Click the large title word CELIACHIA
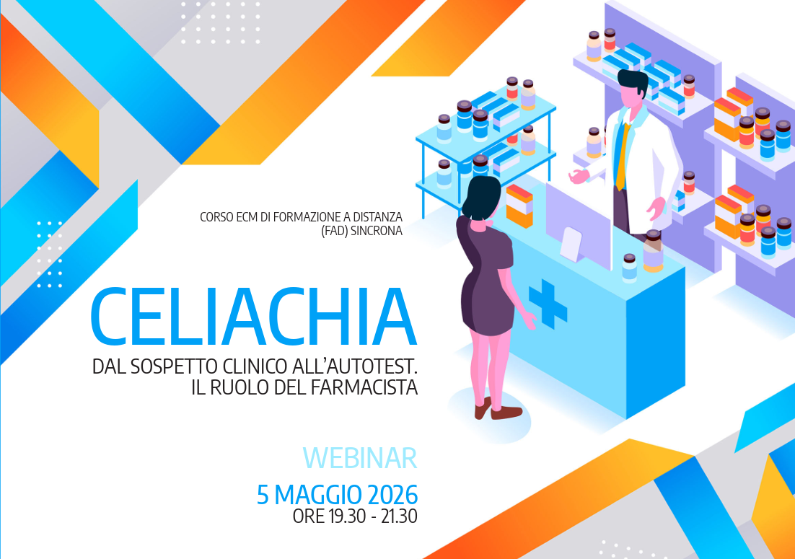point(253,317)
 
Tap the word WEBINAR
point(360,458)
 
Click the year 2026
point(392,495)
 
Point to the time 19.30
point(347,516)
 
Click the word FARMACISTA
point(364,388)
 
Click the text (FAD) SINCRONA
point(361,231)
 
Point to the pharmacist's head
point(633,89)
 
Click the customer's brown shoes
point(498,409)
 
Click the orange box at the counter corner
point(519,206)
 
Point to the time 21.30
point(399,516)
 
